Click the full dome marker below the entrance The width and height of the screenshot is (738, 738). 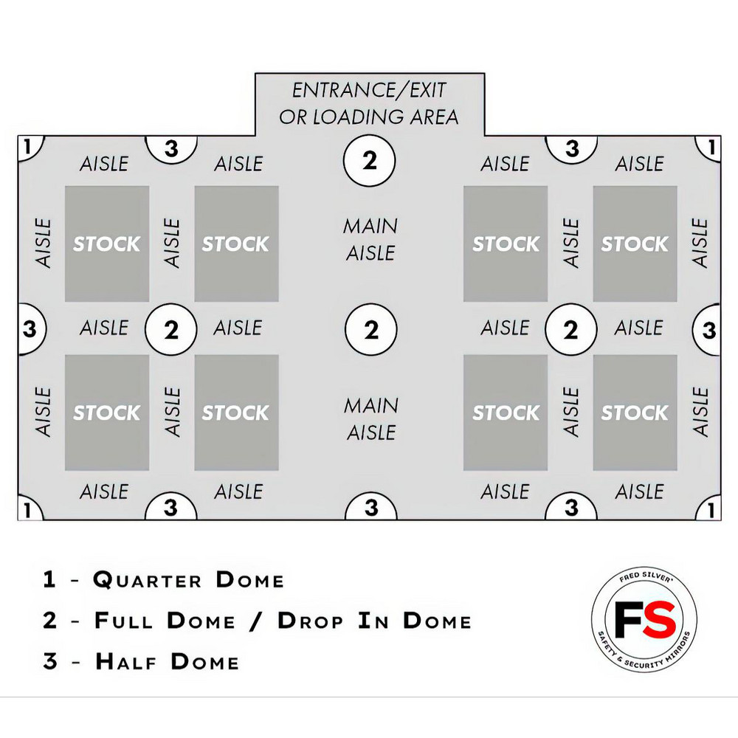370,160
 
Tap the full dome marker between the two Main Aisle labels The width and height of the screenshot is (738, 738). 371,329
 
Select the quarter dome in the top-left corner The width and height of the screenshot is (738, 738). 30,148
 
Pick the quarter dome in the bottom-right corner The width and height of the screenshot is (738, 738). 709,508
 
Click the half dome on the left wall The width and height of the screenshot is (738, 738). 31,329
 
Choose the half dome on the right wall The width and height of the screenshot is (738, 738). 708,329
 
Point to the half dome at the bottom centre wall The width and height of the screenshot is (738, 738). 371,507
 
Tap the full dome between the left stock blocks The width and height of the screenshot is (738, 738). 171,329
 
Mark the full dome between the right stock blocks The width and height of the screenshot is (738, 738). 571,329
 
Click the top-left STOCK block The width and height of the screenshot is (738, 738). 107,244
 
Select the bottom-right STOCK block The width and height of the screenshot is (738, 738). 635,413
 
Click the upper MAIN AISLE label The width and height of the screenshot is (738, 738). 371,240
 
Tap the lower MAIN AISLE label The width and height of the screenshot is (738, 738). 371,419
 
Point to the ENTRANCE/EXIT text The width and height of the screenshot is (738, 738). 369,90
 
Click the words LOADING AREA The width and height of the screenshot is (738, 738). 385,117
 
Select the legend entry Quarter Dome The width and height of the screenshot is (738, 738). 189,580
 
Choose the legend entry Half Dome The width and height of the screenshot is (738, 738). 167,661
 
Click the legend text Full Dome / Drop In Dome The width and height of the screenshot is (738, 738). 283,621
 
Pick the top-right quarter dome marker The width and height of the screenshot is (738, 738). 709,148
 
